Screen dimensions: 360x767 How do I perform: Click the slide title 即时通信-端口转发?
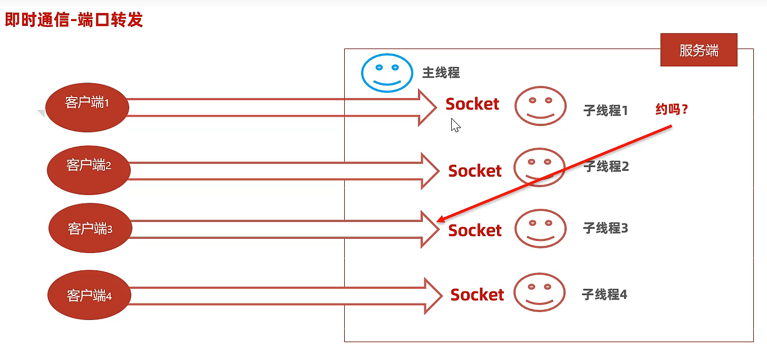(x=74, y=20)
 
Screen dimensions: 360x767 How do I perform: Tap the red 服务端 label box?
(x=698, y=50)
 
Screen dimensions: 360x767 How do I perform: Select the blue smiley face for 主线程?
(x=387, y=73)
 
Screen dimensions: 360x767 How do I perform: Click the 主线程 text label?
(x=441, y=73)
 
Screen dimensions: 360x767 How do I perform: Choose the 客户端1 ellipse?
(x=87, y=107)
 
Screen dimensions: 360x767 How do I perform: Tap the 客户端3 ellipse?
(x=90, y=228)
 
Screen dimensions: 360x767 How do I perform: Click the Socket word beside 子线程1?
(x=472, y=104)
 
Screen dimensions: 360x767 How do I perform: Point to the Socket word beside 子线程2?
(x=475, y=171)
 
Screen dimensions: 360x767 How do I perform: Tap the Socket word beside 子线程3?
(x=475, y=230)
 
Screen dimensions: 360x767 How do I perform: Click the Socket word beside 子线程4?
(x=477, y=295)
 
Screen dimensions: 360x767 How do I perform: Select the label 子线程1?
(x=605, y=110)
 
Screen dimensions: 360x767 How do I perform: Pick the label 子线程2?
(x=606, y=167)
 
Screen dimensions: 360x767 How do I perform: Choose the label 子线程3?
(x=605, y=228)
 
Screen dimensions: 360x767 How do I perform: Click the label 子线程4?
(x=604, y=294)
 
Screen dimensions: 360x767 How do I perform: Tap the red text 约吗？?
(x=672, y=110)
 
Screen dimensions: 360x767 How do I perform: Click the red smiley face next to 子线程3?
(x=540, y=228)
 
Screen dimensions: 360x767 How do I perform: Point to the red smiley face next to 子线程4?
(x=539, y=292)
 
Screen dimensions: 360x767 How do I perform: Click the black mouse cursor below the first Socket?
(x=455, y=125)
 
